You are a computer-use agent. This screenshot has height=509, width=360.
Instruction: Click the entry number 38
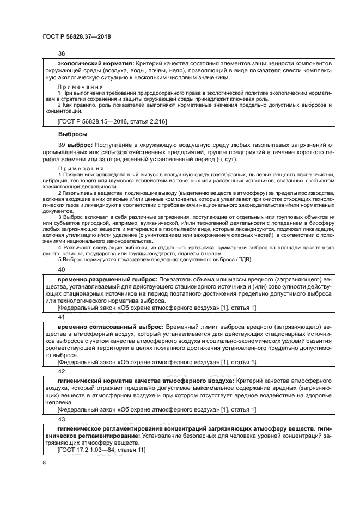point(61,54)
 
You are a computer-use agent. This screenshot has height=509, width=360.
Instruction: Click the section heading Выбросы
point(73,133)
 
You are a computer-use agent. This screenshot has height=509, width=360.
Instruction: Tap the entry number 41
point(61,316)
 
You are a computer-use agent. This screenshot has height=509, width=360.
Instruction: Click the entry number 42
point(61,371)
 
